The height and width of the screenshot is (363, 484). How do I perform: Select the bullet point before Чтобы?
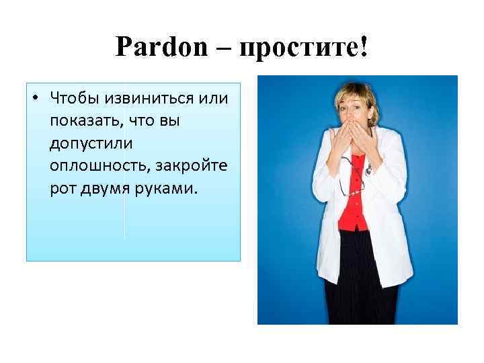click(34, 99)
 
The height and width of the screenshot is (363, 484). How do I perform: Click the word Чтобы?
click(72, 99)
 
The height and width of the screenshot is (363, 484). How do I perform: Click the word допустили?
click(91, 144)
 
